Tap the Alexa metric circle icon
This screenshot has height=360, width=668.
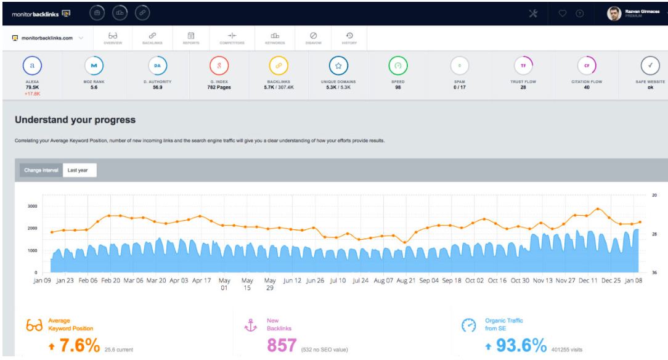32,65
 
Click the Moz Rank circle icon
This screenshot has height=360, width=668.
94,65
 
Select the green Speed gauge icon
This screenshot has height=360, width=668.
398,65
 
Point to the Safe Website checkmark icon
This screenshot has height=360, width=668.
650,65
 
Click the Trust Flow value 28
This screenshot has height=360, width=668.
523,88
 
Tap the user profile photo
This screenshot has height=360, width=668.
614,14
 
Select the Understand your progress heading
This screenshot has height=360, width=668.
75,120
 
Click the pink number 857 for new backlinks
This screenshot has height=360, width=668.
282,345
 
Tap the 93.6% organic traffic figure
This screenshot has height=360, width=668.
521,345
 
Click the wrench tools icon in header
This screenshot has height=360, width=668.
533,14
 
